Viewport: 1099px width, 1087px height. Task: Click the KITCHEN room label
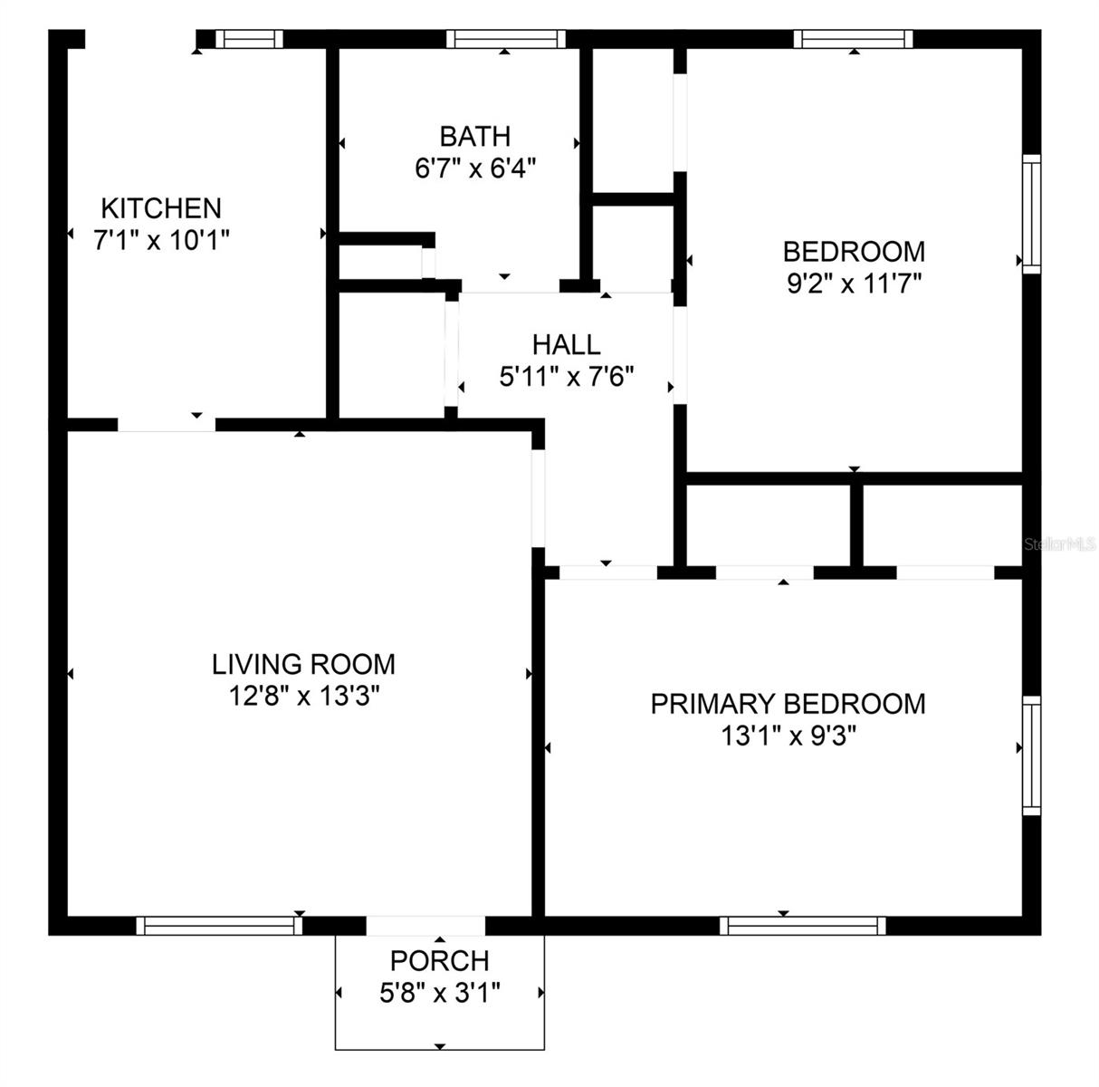coord(161,207)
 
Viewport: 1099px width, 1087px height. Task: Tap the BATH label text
coord(474,136)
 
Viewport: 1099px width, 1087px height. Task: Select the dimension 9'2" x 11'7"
coord(854,284)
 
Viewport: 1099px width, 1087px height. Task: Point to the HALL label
coord(566,344)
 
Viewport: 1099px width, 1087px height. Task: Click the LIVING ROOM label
coord(303,664)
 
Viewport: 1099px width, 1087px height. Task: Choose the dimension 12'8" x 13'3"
coord(303,697)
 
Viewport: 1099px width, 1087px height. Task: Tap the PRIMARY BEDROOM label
coord(788,704)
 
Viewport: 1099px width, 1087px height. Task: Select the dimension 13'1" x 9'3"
coord(788,736)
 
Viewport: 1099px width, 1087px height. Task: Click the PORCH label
coord(440,960)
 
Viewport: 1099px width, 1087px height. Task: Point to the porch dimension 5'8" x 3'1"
coord(440,993)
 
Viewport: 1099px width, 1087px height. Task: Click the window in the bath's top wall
coord(505,39)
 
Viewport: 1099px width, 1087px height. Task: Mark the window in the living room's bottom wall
coord(220,926)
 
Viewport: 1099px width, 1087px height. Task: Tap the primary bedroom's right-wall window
coord(1031,755)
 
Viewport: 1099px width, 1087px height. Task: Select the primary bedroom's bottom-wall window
coord(803,926)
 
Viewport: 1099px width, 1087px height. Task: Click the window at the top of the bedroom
coord(853,39)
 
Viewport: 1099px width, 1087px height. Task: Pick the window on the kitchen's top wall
coord(249,39)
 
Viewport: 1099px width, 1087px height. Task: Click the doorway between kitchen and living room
coord(167,425)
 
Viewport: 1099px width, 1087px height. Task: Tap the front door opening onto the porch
coord(426,926)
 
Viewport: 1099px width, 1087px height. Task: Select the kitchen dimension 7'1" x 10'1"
coord(161,240)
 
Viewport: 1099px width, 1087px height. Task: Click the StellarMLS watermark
coord(1060,544)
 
